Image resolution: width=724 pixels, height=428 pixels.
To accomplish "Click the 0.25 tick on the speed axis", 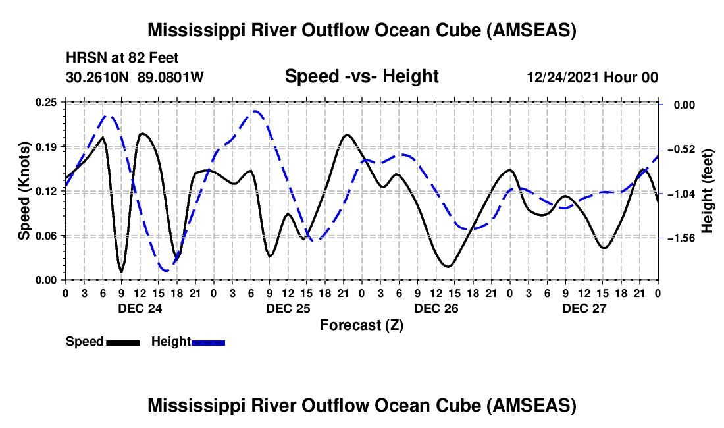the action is (x=46, y=103).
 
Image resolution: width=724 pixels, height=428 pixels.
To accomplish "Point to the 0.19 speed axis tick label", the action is (x=46, y=147).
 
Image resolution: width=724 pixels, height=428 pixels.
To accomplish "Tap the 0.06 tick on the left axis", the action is (x=46, y=236).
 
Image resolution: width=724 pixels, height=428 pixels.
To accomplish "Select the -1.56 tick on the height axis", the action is (x=681, y=238).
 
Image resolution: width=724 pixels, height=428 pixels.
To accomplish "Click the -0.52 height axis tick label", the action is (x=681, y=149).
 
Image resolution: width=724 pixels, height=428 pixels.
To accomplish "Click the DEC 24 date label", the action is (x=140, y=308).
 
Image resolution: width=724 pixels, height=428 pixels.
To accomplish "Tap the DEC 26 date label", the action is (x=436, y=308).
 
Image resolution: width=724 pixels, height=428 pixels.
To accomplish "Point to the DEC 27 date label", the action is (x=584, y=308).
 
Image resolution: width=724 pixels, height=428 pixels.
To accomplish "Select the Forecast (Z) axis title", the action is (x=361, y=325).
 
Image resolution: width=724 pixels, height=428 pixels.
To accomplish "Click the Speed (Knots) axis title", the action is (x=24, y=191).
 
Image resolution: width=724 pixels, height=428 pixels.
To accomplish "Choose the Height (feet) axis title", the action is (x=708, y=191).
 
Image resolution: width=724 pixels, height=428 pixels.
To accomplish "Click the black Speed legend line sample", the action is (x=123, y=342).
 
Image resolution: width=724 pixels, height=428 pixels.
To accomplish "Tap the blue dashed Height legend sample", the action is (x=208, y=342).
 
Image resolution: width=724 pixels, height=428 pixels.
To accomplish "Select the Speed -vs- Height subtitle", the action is (x=361, y=76).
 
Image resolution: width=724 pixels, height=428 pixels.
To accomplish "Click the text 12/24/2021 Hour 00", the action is (x=592, y=77).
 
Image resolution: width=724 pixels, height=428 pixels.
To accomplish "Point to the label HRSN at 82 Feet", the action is (x=122, y=58).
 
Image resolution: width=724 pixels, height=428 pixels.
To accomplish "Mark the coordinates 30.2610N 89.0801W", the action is (x=135, y=77).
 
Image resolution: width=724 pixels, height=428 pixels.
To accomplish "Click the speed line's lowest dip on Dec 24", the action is (x=122, y=272).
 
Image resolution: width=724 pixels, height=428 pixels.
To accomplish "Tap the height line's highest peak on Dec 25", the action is (x=255, y=111).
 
